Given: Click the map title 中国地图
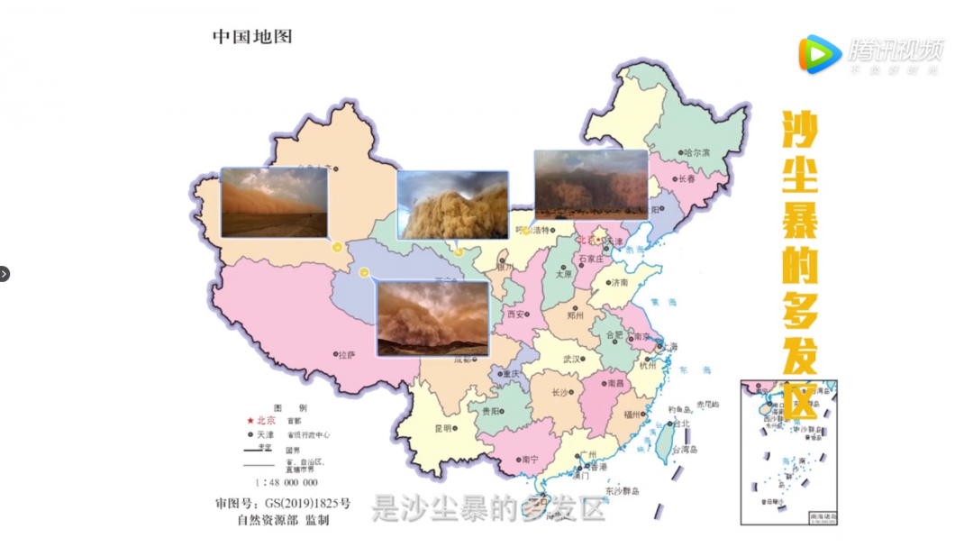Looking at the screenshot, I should coord(252,37).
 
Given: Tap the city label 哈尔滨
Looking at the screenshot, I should coord(696,153).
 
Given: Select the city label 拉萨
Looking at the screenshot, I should coord(347,355).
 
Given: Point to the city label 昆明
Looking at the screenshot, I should coord(442,429).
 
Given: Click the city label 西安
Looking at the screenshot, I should coord(516,315).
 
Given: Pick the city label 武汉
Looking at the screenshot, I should coord(572,359).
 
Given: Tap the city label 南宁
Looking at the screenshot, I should coord(530,460).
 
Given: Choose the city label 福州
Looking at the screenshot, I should coord(632,415).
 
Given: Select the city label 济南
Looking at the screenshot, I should coord(620,283).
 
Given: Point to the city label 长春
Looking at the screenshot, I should coord(687,179).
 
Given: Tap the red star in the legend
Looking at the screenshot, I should coord(250,421).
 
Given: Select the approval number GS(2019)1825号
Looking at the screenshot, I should coord(307,503).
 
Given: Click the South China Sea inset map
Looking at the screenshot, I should coord(789,451).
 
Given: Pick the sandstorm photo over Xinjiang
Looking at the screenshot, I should coord(274,202).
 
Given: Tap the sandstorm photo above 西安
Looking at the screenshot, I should coord(433,318).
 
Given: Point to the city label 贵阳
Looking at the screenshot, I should coord(492,411).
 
